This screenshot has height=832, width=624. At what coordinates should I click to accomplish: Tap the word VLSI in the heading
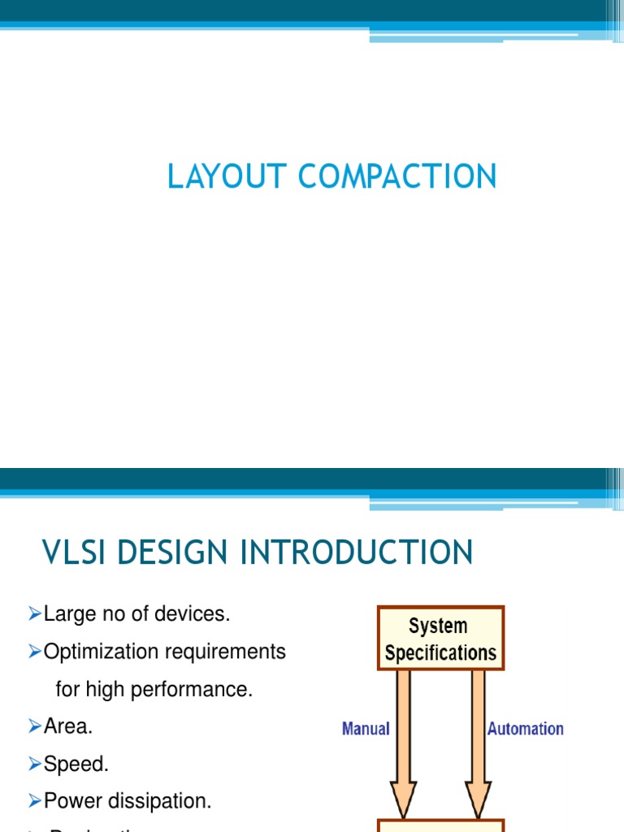(74, 552)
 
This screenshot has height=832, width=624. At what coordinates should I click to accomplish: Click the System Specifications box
(440, 639)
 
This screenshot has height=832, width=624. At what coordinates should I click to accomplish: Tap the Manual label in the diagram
(366, 729)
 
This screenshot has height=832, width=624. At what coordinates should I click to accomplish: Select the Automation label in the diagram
(525, 729)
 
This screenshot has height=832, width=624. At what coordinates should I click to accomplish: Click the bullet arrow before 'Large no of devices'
(34, 614)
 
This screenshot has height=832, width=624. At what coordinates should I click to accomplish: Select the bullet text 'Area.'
(68, 726)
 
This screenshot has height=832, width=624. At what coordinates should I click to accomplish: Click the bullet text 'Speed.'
(76, 764)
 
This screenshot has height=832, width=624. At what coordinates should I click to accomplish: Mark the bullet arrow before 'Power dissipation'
(34, 802)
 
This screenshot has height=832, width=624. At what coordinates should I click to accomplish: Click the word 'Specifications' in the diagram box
(440, 653)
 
